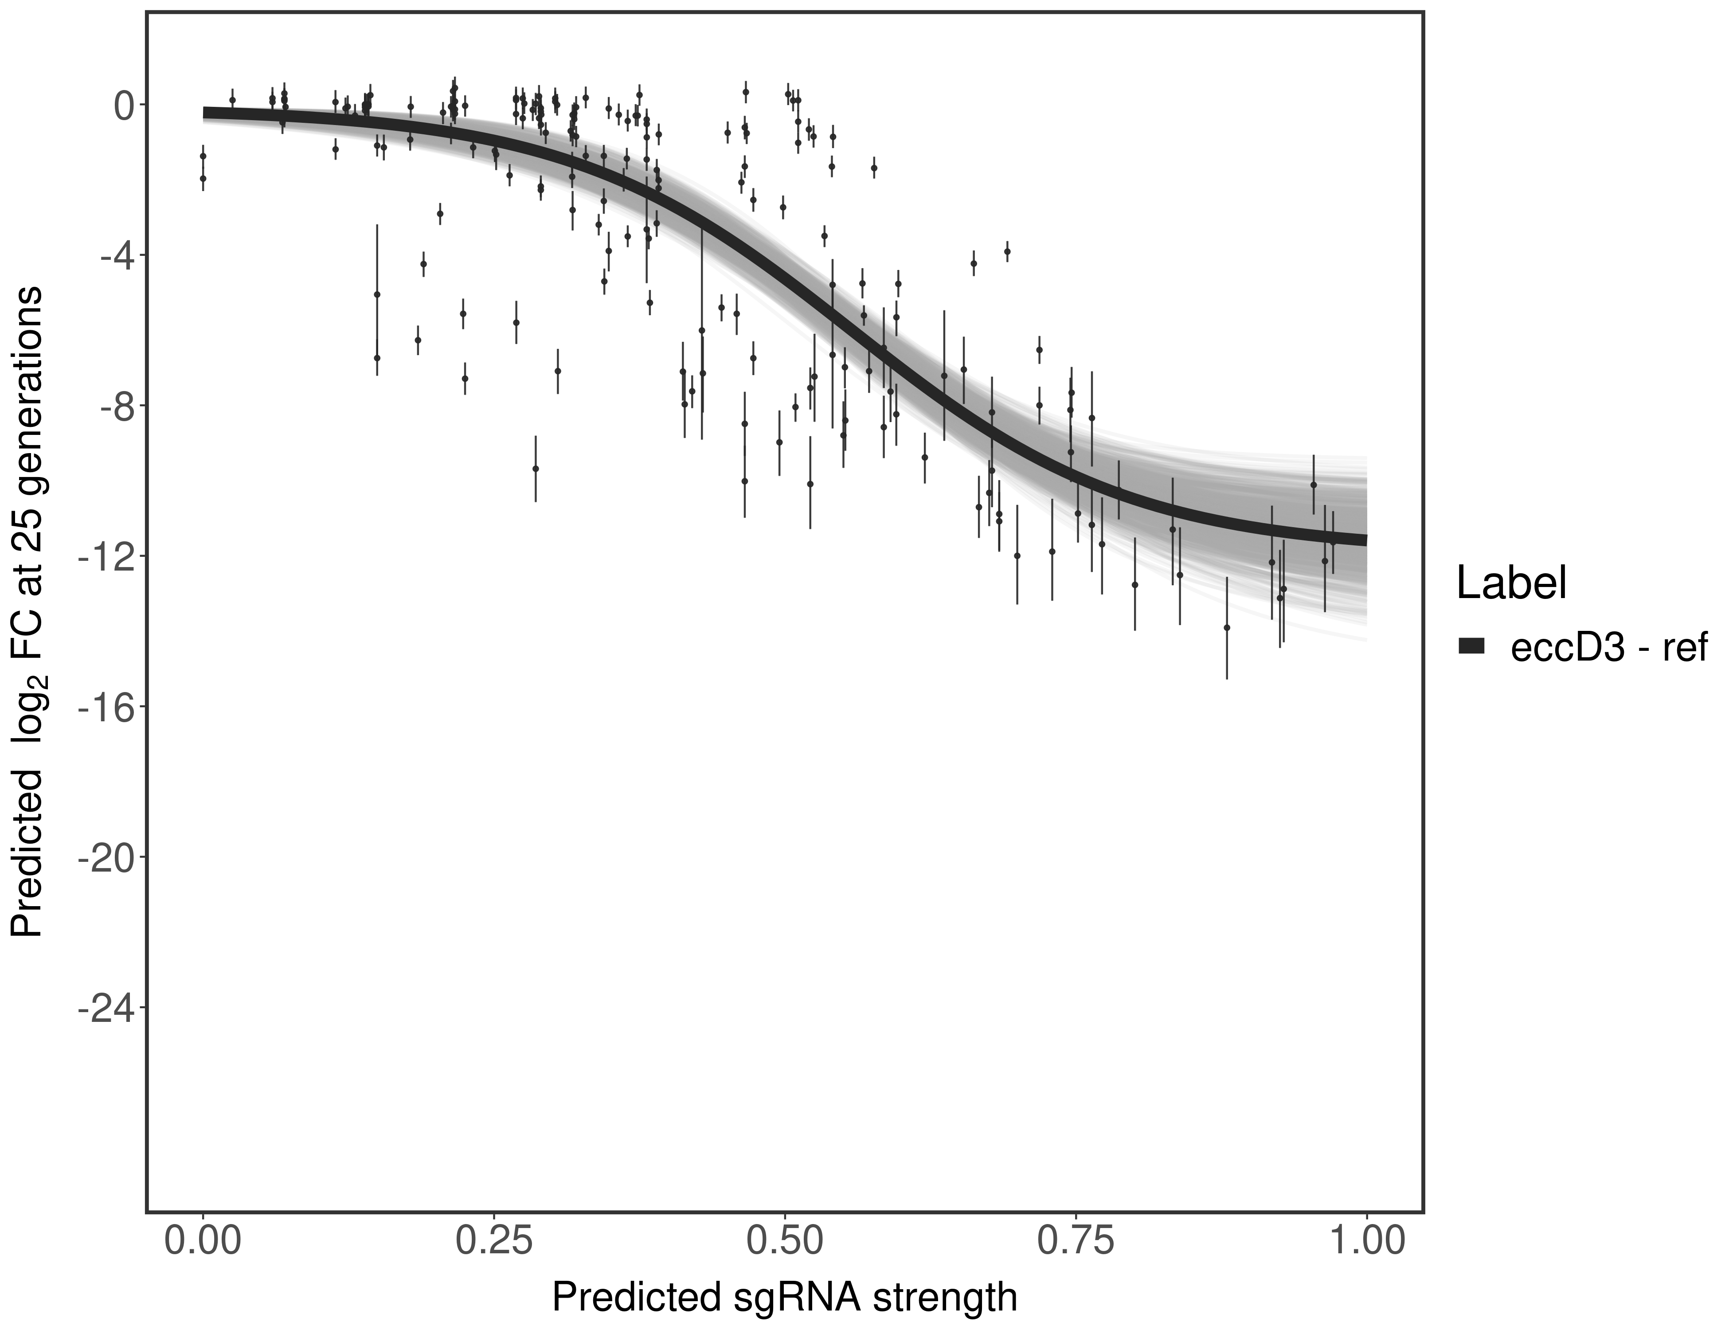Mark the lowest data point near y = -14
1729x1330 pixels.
pyautogui.click(x=1227, y=628)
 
